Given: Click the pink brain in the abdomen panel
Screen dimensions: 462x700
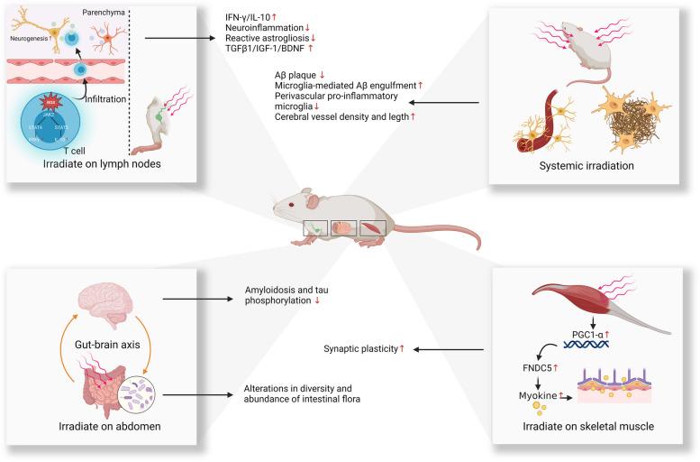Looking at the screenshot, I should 99,302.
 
